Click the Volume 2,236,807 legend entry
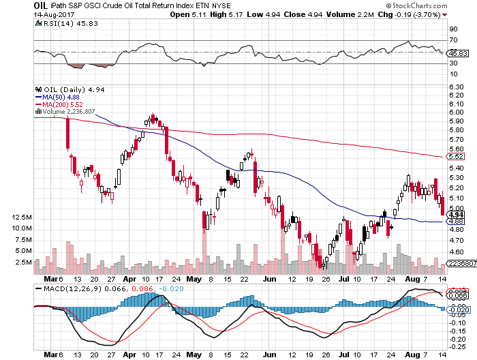(70, 112)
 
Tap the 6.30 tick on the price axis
(457, 87)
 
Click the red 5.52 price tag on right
(455, 157)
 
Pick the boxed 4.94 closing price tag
(455, 215)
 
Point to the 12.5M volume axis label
(22, 217)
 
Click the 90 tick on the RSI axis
(452, 29)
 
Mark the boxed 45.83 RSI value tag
(455, 52)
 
